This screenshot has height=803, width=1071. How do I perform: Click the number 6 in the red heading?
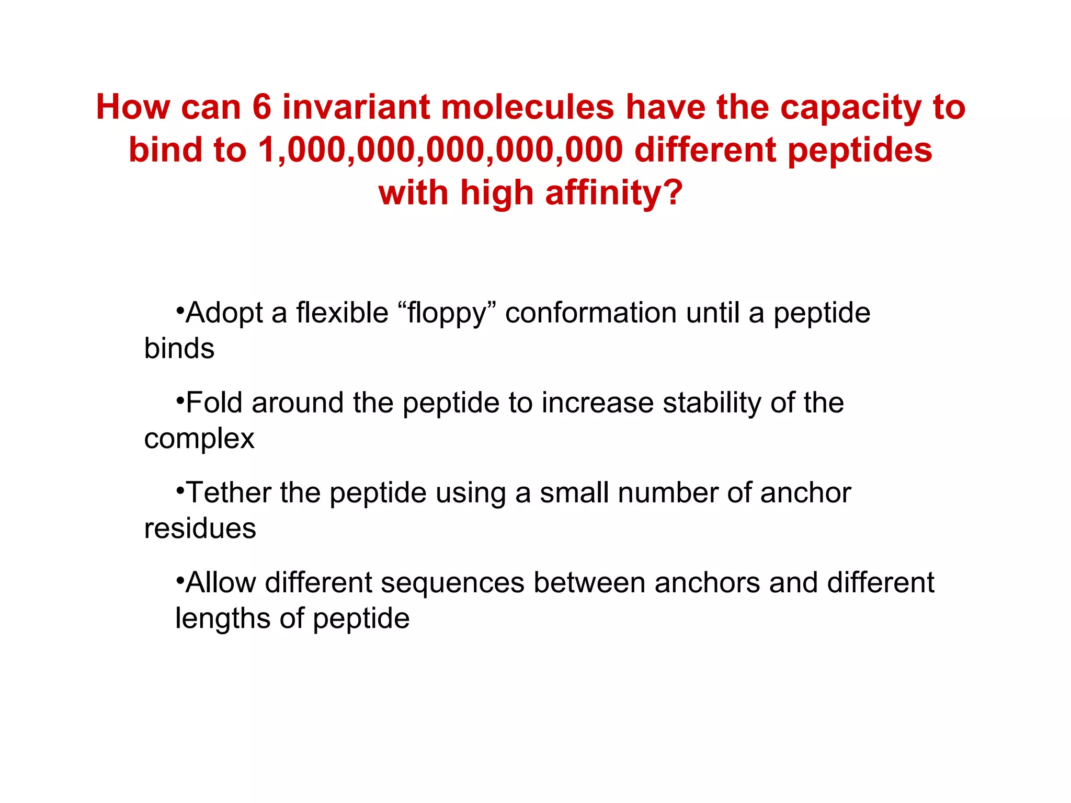point(262,108)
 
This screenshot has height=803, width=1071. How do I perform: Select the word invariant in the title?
point(356,108)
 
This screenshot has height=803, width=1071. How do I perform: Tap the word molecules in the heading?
point(528,108)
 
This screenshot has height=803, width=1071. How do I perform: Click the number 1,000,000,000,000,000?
point(440,151)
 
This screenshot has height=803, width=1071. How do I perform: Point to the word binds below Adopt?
point(179,349)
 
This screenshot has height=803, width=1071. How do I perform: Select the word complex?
point(199,439)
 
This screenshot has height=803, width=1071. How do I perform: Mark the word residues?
point(200,529)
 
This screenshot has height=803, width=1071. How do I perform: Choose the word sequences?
point(452,583)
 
